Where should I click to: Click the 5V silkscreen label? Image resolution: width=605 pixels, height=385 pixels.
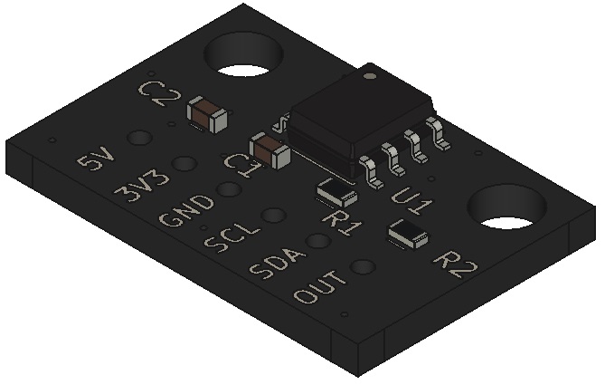(96, 163)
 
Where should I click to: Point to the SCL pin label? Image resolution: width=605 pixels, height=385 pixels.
(232, 239)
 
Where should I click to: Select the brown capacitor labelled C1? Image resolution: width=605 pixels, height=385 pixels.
(270, 151)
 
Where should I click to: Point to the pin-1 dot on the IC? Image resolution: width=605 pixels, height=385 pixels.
(369, 77)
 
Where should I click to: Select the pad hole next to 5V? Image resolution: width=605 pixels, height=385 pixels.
(138, 139)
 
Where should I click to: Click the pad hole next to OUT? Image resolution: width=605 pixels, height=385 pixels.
(363, 266)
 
